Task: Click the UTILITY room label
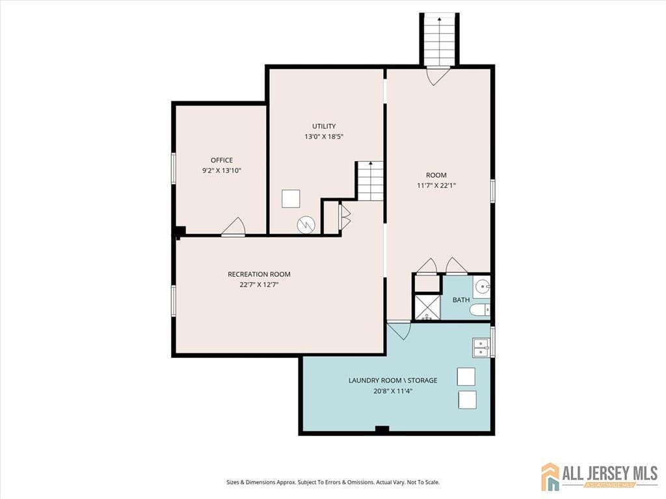click(324, 126)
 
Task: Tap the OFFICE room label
click(221, 160)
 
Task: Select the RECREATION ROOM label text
click(259, 274)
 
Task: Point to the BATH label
click(461, 300)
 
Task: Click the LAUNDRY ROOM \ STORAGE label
click(393, 380)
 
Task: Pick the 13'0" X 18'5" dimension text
click(324, 136)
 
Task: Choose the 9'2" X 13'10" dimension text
click(221, 170)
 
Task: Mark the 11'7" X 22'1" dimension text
click(436, 185)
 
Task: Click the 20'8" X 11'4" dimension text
click(393, 391)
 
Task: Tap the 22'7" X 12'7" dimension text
click(259, 285)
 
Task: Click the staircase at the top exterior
click(440, 40)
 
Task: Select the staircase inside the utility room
click(370, 181)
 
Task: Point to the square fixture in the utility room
click(291, 198)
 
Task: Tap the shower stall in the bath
click(427, 308)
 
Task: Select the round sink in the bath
click(481, 287)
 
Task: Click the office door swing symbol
click(233, 227)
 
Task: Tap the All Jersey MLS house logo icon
click(550, 476)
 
